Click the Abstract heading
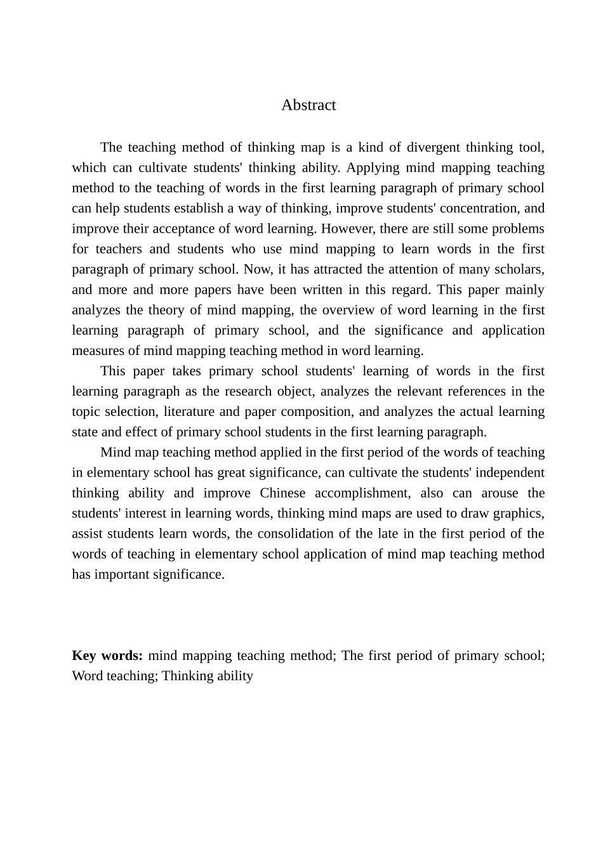pyautogui.click(x=308, y=105)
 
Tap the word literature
pyautogui.click(x=189, y=411)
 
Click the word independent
pyautogui.click(x=510, y=472)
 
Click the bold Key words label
pyautogui.click(x=107, y=655)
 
